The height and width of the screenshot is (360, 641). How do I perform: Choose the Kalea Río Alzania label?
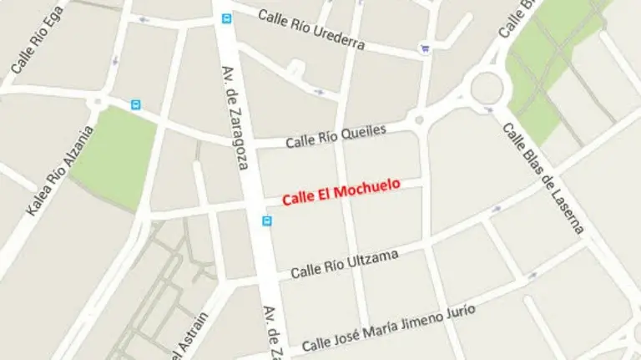click(x=61, y=170)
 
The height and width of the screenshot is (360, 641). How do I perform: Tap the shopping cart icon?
click(x=426, y=48)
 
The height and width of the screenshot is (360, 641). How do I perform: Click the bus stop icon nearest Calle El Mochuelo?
click(x=267, y=221)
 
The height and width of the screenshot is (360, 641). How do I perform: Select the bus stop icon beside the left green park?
click(x=136, y=104)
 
